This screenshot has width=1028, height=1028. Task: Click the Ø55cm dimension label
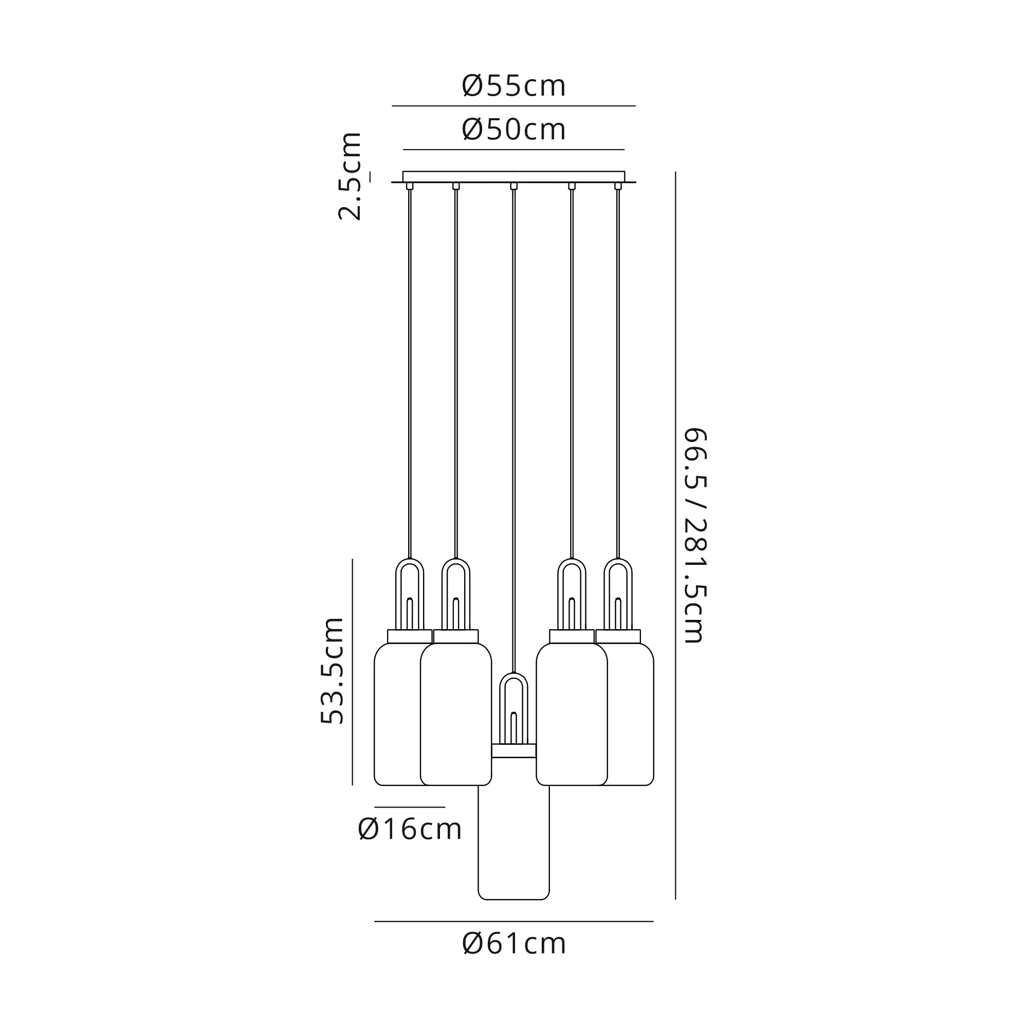(x=513, y=86)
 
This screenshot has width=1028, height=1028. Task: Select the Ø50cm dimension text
(x=513, y=130)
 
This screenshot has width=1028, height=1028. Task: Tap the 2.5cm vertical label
(x=350, y=176)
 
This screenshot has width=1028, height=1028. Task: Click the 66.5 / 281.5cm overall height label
(x=694, y=535)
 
